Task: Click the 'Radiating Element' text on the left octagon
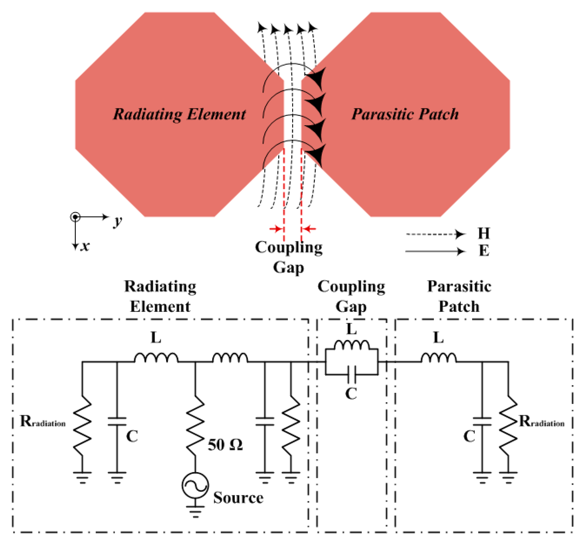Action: click(x=179, y=114)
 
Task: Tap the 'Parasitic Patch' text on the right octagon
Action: click(x=405, y=114)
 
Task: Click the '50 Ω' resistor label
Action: click(x=225, y=445)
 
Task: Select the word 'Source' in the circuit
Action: click(x=238, y=498)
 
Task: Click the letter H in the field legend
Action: click(x=484, y=234)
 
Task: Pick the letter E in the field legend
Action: click(x=484, y=251)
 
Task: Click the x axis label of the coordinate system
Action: click(x=85, y=246)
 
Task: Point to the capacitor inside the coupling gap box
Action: click(x=351, y=375)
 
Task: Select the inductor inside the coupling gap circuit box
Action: click(x=351, y=345)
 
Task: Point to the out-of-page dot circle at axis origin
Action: click(x=75, y=217)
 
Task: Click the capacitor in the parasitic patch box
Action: click(x=482, y=422)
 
